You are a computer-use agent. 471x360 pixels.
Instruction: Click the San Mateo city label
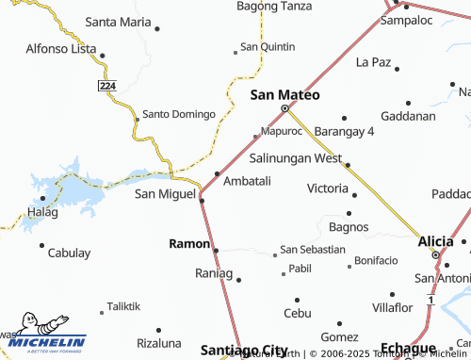tap(284, 95)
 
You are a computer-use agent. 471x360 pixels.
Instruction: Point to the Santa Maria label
tap(118, 21)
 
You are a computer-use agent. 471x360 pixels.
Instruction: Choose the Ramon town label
tap(188, 243)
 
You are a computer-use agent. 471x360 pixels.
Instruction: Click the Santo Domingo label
tap(179, 114)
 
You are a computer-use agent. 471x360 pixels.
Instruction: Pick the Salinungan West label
tap(295, 158)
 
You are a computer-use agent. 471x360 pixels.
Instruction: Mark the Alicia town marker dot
tap(435, 255)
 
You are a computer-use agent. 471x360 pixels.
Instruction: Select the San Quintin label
tap(268, 46)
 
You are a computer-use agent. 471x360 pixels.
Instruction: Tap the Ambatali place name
tap(248, 180)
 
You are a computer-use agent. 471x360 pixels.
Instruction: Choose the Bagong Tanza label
tap(274, 6)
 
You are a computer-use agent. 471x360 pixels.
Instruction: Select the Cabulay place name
tap(70, 253)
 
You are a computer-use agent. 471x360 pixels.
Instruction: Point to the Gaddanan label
tap(409, 116)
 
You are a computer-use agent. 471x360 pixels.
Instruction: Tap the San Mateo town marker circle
tap(284, 107)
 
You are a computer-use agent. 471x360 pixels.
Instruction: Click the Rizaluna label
tap(158, 342)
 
